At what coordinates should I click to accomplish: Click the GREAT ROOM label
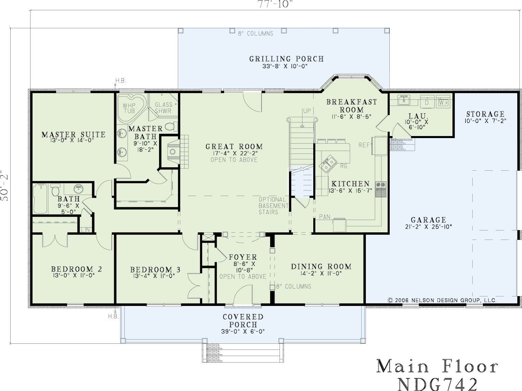coord(234,146)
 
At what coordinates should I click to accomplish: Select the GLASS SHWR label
coord(163,108)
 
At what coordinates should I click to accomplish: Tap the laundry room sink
coord(403,100)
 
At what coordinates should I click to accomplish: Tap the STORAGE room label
coord(485,114)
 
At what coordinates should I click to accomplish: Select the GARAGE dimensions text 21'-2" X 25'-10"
coord(428,227)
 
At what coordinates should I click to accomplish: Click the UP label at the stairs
coord(307,111)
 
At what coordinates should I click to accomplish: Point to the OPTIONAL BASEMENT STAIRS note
coord(274,206)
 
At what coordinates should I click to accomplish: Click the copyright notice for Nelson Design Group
coord(442,300)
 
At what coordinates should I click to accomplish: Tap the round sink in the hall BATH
coord(78,189)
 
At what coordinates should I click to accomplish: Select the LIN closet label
coord(85,230)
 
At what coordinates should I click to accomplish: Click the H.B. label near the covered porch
coord(113,316)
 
